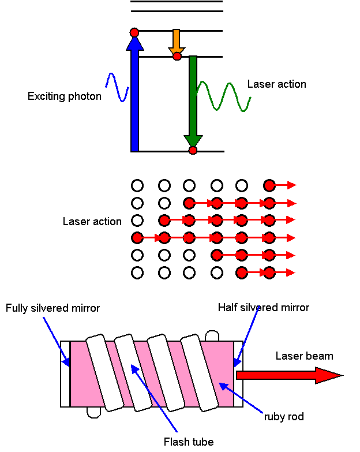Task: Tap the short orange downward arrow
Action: coord(176,42)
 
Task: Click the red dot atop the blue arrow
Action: coord(134,32)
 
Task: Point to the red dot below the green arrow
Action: coord(193,151)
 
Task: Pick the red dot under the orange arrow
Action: coord(177,57)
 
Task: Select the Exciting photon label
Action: coord(65,96)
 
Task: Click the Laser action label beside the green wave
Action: coord(276,84)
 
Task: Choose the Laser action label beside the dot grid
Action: coord(92,222)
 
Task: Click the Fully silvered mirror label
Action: coord(53,308)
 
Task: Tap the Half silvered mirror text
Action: coord(263,308)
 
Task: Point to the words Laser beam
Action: coord(304,356)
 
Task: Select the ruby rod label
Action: coord(284,416)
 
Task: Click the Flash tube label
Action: coord(189,442)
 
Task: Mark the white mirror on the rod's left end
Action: coord(65,373)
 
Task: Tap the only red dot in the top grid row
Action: coord(269,185)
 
